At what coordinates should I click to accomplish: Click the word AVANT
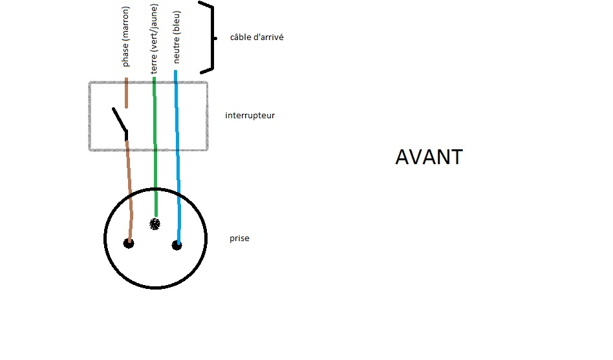click(429, 157)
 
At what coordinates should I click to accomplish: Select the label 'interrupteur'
click(250, 116)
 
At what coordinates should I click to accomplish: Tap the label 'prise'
click(239, 238)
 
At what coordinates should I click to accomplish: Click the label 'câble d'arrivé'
click(257, 37)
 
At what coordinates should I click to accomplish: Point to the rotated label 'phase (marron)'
click(126, 37)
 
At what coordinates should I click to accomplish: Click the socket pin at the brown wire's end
click(129, 244)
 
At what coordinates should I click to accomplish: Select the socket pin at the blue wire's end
click(177, 245)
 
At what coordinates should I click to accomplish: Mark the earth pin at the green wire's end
click(155, 224)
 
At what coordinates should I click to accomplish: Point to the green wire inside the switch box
click(155, 116)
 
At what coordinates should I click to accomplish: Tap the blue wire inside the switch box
click(177, 116)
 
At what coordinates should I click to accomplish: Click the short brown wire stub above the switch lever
click(126, 92)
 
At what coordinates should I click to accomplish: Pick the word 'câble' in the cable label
click(240, 37)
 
